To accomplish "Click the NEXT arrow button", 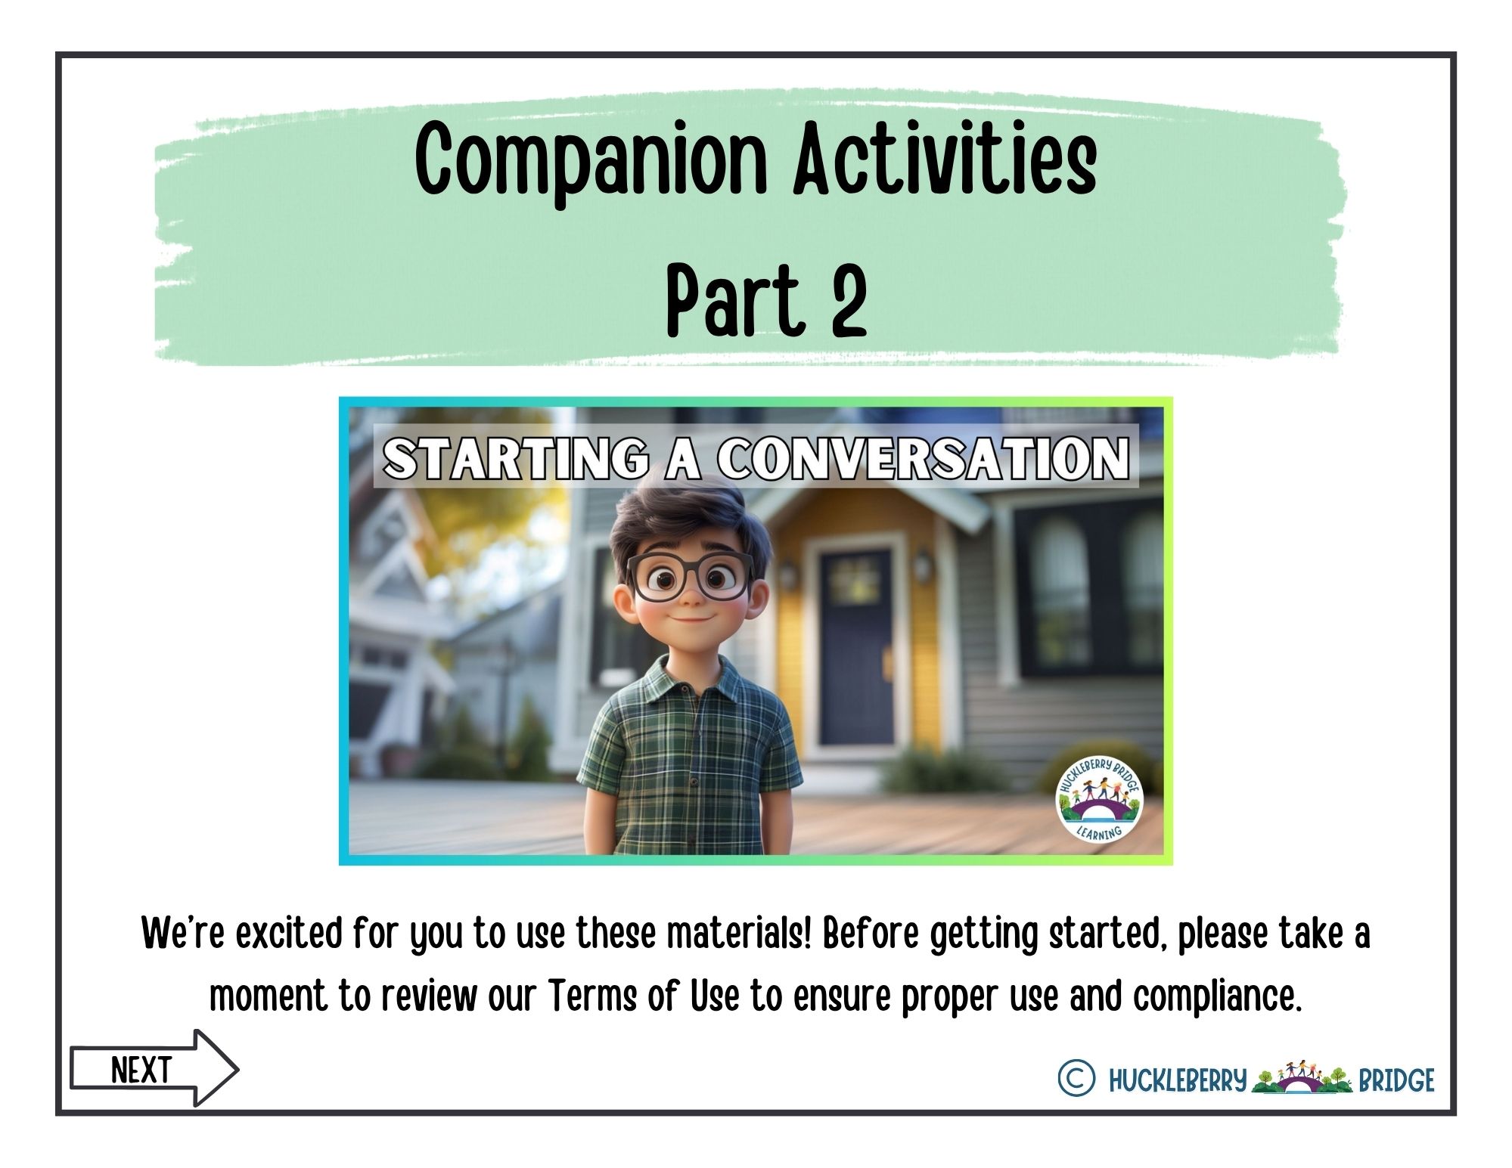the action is [x=154, y=1069].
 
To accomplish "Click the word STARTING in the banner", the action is [x=517, y=459].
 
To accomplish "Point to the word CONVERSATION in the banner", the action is [x=924, y=458].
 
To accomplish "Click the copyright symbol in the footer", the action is [x=1076, y=1078].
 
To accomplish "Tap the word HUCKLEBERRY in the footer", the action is [x=1177, y=1080].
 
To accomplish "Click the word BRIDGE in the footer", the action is [x=1396, y=1080].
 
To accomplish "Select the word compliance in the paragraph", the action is [x=1217, y=998].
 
